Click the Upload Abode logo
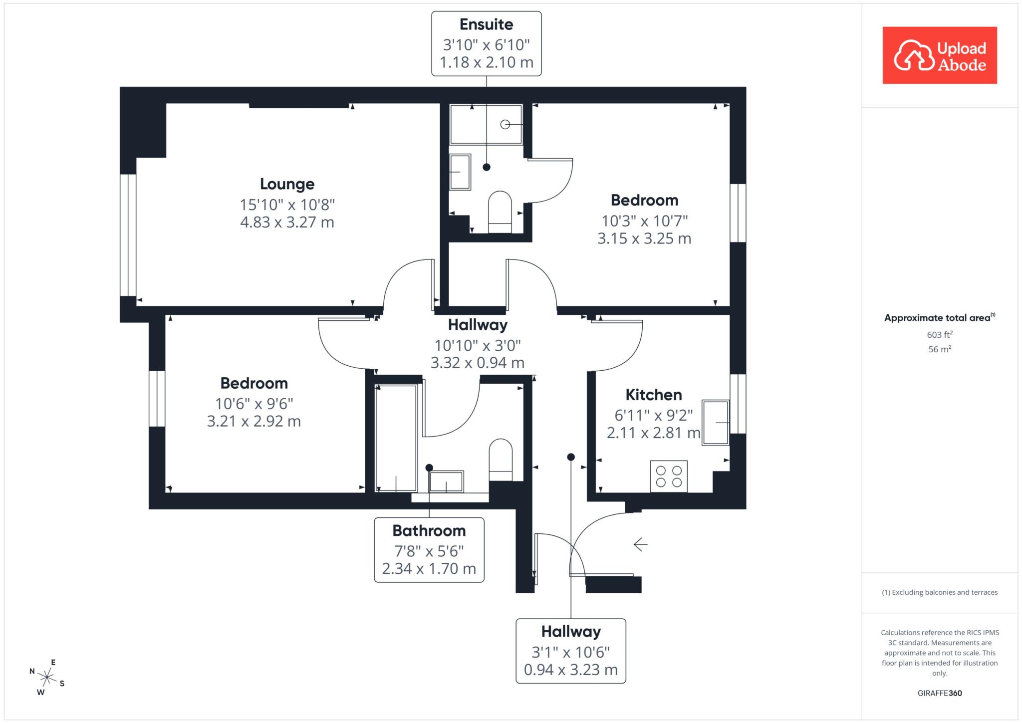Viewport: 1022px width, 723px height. [x=940, y=55]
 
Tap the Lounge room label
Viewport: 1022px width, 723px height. [x=287, y=184]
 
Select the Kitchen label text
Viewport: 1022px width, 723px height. [x=654, y=395]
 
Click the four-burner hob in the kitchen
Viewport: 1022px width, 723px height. [x=669, y=476]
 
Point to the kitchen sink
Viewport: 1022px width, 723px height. [x=716, y=422]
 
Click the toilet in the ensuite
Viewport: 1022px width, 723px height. [x=500, y=212]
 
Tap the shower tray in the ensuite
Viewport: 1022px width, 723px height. [x=486, y=124]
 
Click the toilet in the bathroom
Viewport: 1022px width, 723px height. [x=501, y=460]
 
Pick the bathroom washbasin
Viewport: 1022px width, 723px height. [x=446, y=482]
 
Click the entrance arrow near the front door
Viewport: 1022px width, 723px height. [x=641, y=544]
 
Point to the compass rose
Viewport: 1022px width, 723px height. [x=47, y=677]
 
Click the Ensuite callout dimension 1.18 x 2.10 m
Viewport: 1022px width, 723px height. [x=487, y=62]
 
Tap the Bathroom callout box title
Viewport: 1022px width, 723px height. [x=429, y=530]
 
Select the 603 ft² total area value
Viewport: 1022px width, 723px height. [x=940, y=334]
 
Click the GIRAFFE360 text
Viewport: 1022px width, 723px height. [x=940, y=693]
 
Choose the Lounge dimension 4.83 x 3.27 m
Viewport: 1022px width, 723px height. [x=287, y=222]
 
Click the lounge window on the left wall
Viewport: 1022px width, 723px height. [x=128, y=235]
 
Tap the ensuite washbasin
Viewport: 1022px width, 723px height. [x=460, y=172]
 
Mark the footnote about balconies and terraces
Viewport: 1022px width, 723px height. [x=940, y=592]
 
